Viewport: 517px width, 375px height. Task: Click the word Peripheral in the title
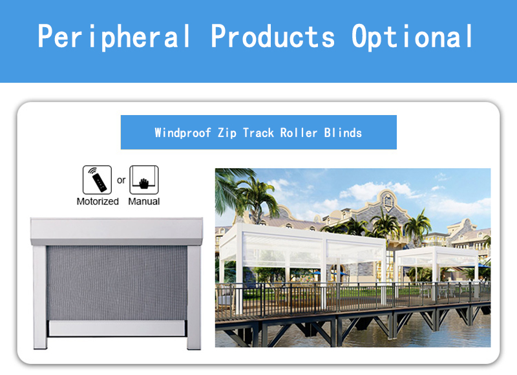pyautogui.click(x=114, y=37)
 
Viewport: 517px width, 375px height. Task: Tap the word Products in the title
pyautogui.click(x=273, y=36)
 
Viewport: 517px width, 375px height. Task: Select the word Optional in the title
pyautogui.click(x=412, y=37)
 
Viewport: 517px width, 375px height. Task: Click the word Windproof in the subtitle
pyautogui.click(x=183, y=133)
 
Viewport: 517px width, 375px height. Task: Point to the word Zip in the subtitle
pyautogui.click(x=227, y=133)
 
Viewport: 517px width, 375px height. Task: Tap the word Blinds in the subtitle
pyautogui.click(x=343, y=133)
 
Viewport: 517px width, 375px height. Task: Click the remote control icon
pyautogui.click(x=97, y=180)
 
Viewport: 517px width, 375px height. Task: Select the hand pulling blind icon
pyautogui.click(x=144, y=180)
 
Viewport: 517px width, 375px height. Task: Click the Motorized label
pyautogui.click(x=98, y=201)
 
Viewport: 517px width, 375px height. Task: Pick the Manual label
pyautogui.click(x=143, y=201)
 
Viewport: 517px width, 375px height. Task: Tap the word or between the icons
pyautogui.click(x=121, y=180)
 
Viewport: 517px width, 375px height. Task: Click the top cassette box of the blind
pyautogui.click(x=116, y=231)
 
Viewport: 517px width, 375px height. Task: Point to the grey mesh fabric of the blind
pyautogui.click(x=117, y=283)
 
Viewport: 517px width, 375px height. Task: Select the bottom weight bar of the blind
pyautogui.click(x=117, y=328)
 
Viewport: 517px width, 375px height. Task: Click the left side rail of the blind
pyautogui.click(x=40, y=297)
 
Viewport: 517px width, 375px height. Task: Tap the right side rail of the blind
pyautogui.click(x=194, y=297)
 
